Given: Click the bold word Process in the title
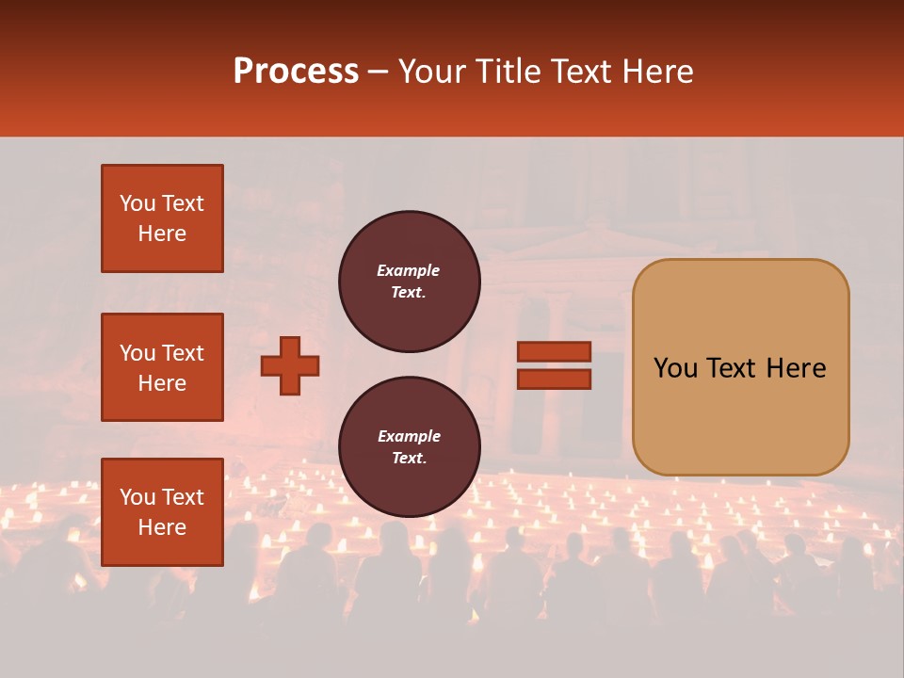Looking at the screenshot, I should coord(296,72).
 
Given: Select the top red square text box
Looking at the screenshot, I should coord(162,218).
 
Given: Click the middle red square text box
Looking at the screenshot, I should coord(162,367).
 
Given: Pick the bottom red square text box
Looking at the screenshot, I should coord(162,512).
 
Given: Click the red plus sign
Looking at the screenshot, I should coord(290,365).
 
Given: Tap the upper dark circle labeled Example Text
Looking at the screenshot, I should coord(409,282).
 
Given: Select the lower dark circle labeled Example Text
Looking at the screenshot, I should coord(409,447).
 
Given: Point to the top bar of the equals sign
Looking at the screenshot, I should coord(554,352).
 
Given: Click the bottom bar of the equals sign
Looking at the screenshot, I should coord(554,379).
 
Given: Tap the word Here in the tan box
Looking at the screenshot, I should coord(796,368).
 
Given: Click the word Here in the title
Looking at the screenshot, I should coord(658,72).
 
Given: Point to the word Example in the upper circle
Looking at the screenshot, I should coord(409,270).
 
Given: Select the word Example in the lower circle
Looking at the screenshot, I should coord(409,436).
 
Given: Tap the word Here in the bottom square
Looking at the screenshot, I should coord(162,527).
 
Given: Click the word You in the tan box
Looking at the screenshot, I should coord(675,368).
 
